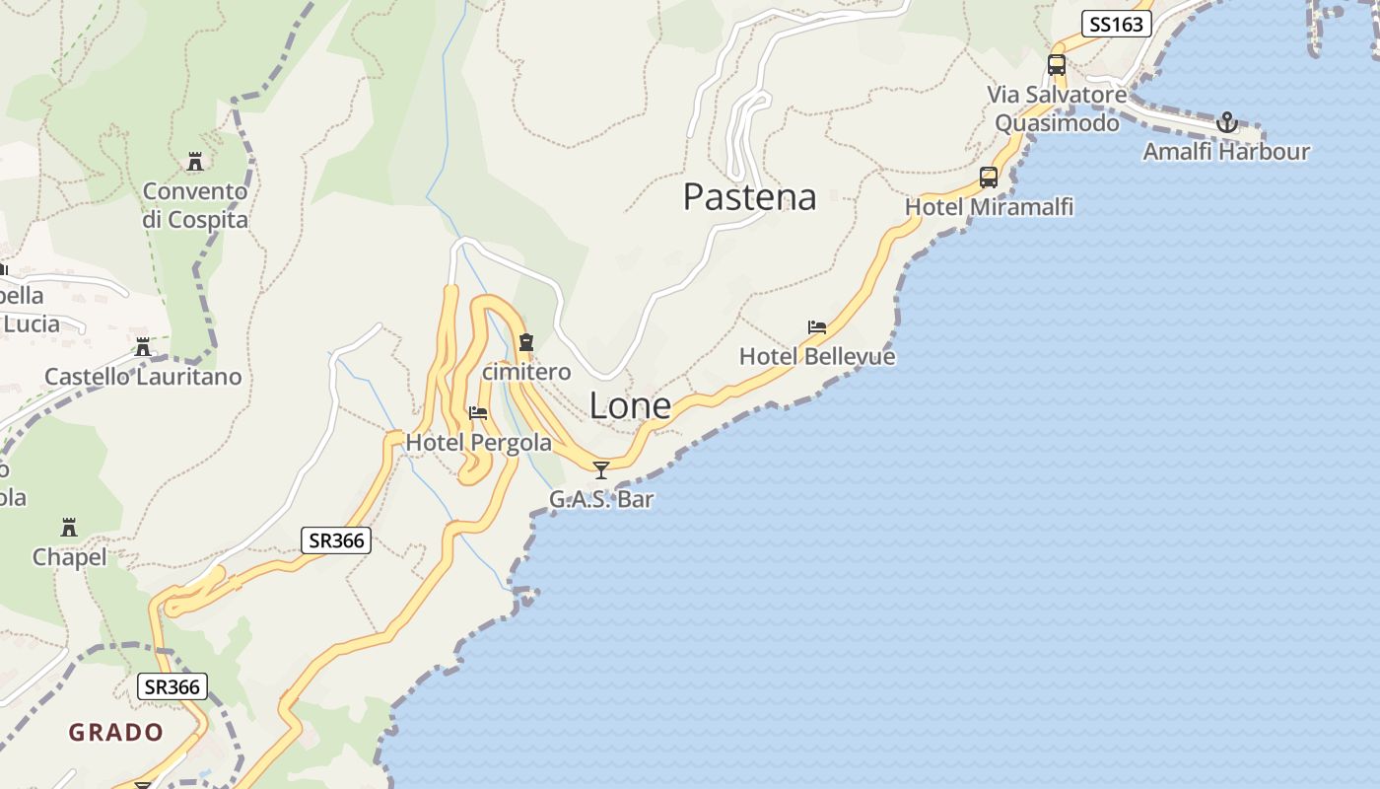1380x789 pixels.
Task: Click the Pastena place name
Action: pos(749,197)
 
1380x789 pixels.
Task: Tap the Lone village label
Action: pos(630,405)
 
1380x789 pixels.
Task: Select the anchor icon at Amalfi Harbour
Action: pos(1226,123)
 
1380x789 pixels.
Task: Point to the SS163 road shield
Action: pos(1117,24)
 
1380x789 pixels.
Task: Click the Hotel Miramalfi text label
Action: pos(989,207)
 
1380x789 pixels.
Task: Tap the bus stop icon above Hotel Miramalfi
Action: pos(989,178)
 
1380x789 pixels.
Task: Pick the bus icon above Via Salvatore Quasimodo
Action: pos(1057,65)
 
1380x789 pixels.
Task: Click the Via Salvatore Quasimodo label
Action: pos(1057,108)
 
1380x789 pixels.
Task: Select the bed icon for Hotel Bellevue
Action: pos(817,327)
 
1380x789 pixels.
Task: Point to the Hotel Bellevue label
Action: pos(817,356)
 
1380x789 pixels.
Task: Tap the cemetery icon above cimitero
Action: pos(526,342)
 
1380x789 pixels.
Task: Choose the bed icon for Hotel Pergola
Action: pos(478,413)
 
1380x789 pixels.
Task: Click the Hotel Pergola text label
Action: pos(479,443)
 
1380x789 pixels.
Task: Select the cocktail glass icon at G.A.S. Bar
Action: pos(601,469)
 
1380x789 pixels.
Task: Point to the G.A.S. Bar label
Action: pos(601,499)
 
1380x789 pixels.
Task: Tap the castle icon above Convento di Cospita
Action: pos(194,161)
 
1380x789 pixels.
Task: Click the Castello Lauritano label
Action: pos(143,377)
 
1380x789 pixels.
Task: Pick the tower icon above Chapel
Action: pos(69,528)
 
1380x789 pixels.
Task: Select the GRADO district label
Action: pos(115,732)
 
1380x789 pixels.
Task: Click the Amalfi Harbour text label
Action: pos(1226,152)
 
